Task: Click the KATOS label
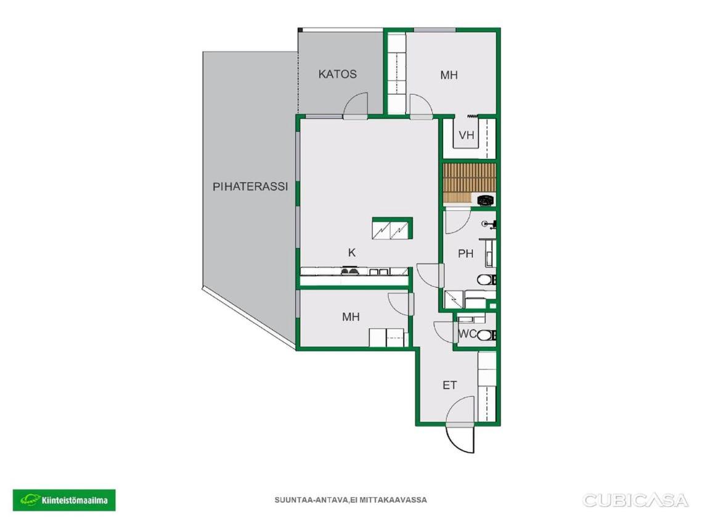click(338, 74)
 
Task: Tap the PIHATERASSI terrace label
click(250, 187)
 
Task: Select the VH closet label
click(467, 135)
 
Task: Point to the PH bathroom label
click(465, 254)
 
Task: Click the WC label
click(467, 334)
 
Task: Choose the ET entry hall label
click(450, 385)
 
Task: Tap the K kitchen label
click(352, 253)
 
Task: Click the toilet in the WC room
click(486, 335)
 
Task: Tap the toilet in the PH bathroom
click(486, 280)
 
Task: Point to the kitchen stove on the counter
click(349, 270)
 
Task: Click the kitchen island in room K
click(392, 228)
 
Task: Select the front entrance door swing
click(460, 438)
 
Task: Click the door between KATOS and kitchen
click(356, 106)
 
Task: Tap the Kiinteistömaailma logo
click(64, 500)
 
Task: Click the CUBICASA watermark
click(635, 500)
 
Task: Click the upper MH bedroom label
click(449, 75)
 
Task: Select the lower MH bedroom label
click(351, 317)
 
